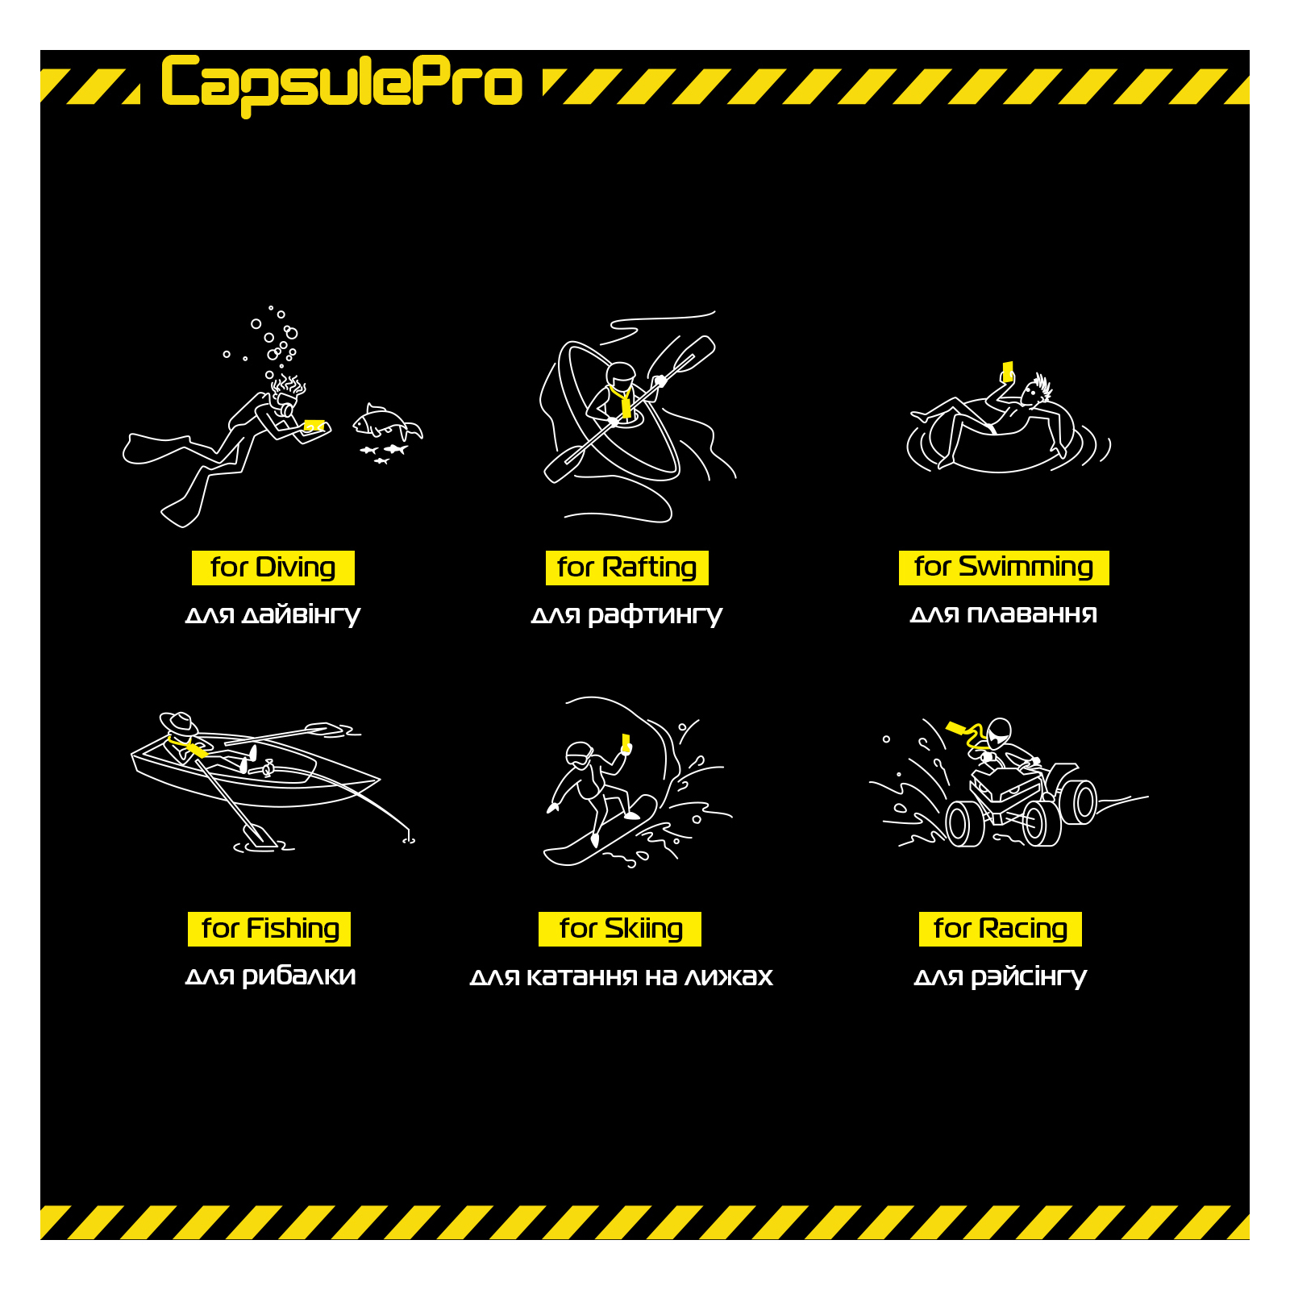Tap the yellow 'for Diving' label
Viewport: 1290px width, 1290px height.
coord(273,568)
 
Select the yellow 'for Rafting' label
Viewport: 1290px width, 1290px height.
coord(627,568)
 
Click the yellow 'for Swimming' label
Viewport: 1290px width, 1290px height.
coord(1004,568)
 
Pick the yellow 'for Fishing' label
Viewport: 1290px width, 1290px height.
coord(269,929)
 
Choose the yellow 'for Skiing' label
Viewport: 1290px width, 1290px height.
coord(620,929)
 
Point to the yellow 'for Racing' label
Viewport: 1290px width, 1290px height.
coord(1001,929)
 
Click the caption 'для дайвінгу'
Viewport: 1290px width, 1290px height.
coord(273,615)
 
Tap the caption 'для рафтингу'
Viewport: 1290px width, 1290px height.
coord(626,615)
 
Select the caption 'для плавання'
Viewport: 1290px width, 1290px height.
coord(1004,614)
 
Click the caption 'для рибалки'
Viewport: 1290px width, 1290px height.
coord(270,976)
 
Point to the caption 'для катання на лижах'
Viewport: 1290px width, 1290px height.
coord(621,977)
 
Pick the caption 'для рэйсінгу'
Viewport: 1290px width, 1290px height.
coord(1001,977)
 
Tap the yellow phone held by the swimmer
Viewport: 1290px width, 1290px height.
coord(1007,371)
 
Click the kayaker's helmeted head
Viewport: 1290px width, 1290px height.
coord(620,376)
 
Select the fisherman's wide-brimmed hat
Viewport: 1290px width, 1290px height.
coord(179,722)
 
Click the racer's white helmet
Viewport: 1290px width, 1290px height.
coord(999,732)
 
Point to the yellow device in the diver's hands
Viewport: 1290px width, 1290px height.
coord(314,425)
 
